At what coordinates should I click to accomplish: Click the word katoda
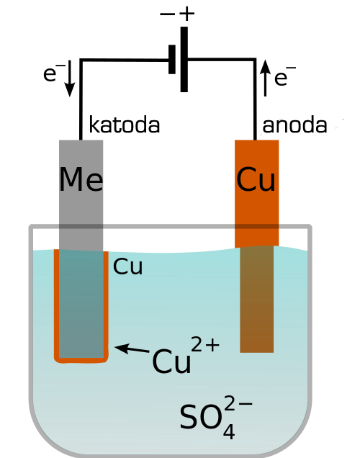[x=125, y=125]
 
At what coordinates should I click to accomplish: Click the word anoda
[x=294, y=125]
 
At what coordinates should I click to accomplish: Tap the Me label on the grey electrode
[x=81, y=179]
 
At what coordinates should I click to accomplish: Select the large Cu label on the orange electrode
[x=256, y=179]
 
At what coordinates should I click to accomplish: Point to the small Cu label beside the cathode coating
[x=127, y=266]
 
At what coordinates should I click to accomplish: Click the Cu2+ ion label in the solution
[x=186, y=355]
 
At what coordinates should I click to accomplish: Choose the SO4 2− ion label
[x=216, y=417]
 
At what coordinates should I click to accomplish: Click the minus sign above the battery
[x=167, y=14]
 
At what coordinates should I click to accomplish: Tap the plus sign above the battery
[x=187, y=14]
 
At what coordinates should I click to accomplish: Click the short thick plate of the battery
[x=172, y=59]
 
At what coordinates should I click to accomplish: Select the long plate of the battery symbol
[x=184, y=59]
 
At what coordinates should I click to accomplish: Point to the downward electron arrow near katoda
[x=70, y=78]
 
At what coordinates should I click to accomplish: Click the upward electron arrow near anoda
[x=265, y=78]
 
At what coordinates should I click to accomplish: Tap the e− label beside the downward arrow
[x=54, y=73]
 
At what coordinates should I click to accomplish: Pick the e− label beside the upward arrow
[x=285, y=76]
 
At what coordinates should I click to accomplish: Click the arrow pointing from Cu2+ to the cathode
[x=132, y=349]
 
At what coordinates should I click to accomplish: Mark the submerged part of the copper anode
[x=256, y=299]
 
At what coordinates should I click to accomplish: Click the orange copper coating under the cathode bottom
[x=81, y=361]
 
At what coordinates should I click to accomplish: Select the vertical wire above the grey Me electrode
[x=81, y=99]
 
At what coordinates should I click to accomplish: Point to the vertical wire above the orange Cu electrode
[x=255, y=99]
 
